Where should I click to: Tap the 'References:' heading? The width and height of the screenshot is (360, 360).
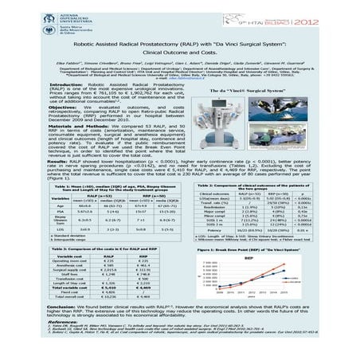tap(67, 320)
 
